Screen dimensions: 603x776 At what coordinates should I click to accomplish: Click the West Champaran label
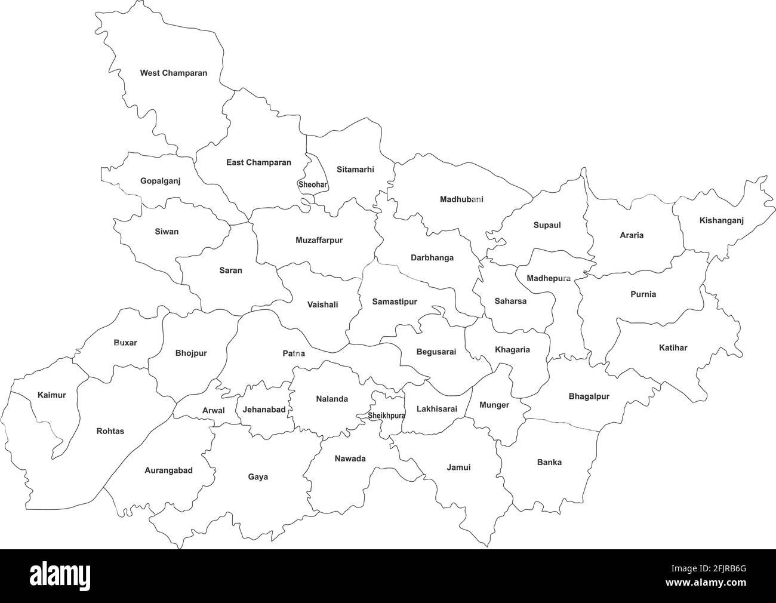pos(174,73)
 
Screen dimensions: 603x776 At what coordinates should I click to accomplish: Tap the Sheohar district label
pos(313,184)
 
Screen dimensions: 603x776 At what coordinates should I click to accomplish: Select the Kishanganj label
pos(721,220)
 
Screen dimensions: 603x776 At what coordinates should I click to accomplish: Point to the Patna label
pos(294,353)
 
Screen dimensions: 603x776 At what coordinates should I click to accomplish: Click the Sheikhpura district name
pos(386,416)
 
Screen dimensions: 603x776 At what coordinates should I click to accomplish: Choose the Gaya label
pos(258,477)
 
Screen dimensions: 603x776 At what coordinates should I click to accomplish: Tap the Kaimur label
pos(51,395)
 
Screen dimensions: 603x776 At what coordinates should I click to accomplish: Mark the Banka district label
pos(549,462)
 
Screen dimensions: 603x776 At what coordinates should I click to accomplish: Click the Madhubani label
pos(461,199)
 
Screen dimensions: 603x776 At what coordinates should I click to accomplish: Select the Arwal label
pos(214,410)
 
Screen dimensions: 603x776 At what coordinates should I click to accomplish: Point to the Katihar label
pos(673,347)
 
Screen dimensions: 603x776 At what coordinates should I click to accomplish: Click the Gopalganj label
pos(160,180)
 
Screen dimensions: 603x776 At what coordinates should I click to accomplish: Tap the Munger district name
pos(494,405)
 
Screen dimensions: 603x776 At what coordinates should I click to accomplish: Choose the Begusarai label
pos(436,352)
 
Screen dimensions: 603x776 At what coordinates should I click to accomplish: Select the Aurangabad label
pos(168,470)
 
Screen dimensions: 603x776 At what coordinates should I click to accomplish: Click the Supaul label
pos(547,225)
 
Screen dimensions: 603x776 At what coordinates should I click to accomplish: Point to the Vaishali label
pos(322,304)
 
